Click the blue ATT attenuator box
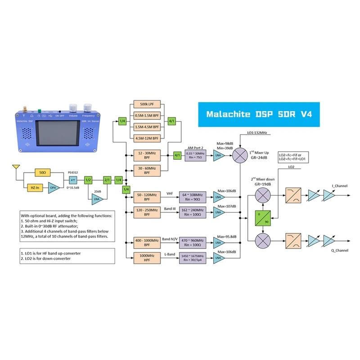(74, 180)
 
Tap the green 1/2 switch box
(88, 180)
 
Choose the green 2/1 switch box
(107, 180)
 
